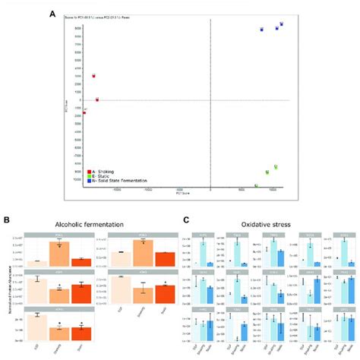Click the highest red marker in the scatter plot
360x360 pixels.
coord(93,76)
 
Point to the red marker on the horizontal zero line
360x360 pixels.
coord(97,99)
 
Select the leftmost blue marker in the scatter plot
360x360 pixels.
coord(261,30)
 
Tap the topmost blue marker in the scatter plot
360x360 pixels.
coord(280,24)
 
